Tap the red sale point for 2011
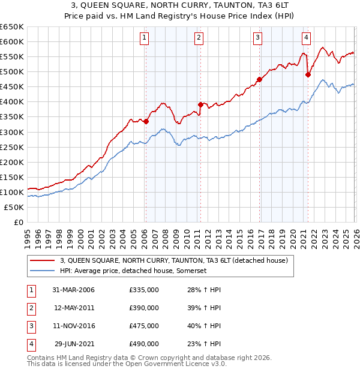click(200, 104)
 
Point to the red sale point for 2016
click(259, 79)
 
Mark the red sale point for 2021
click(308, 74)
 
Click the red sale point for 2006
click(146, 121)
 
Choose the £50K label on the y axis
click(14, 207)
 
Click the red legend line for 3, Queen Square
click(43, 260)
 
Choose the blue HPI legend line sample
click(43, 271)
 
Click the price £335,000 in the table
click(144, 290)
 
